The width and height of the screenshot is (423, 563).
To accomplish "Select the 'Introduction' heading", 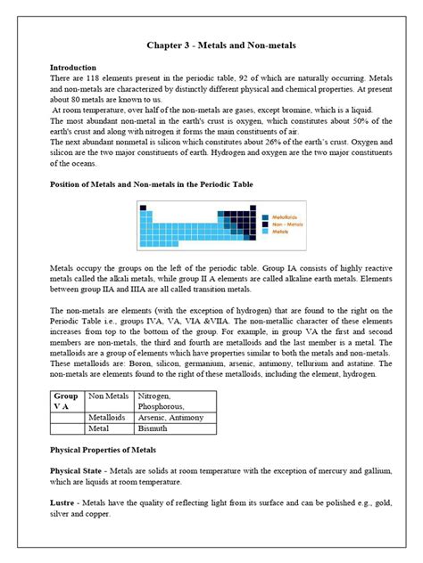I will pos(74,67).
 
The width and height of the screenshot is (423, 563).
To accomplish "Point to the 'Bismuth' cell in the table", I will pos(152,428).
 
